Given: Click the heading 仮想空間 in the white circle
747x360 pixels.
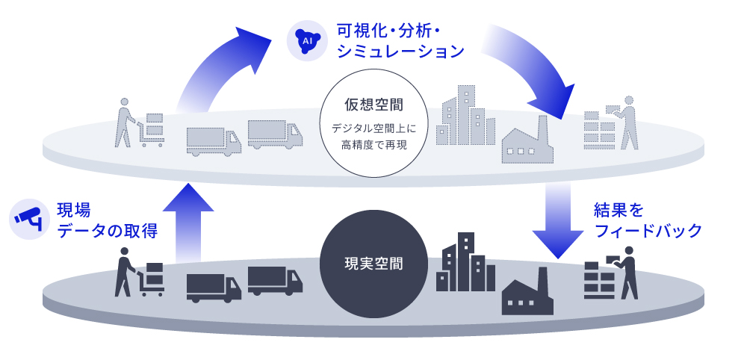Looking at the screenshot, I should pyautogui.click(x=373, y=104).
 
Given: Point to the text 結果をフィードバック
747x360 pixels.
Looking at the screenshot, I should pyautogui.click(x=647, y=220).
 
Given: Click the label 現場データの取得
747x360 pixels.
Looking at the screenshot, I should pyautogui.click(x=107, y=220).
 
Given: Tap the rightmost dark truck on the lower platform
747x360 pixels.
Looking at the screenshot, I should pyautogui.click(x=275, y=280).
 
